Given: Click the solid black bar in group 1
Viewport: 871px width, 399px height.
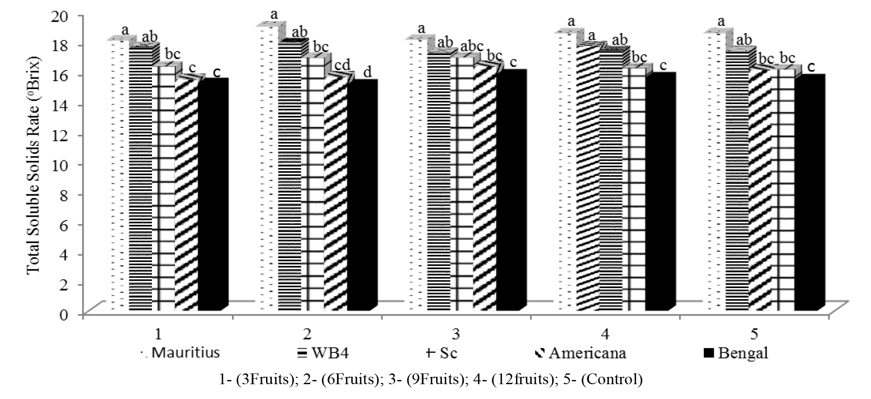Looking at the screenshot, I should [211, 194].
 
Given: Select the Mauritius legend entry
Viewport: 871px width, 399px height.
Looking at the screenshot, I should [180, 353].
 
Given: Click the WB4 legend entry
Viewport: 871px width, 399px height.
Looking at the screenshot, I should [323, 353].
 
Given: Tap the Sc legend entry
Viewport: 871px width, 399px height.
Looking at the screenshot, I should [441, 353].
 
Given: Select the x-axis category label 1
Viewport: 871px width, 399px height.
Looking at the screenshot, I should [158, 334].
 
